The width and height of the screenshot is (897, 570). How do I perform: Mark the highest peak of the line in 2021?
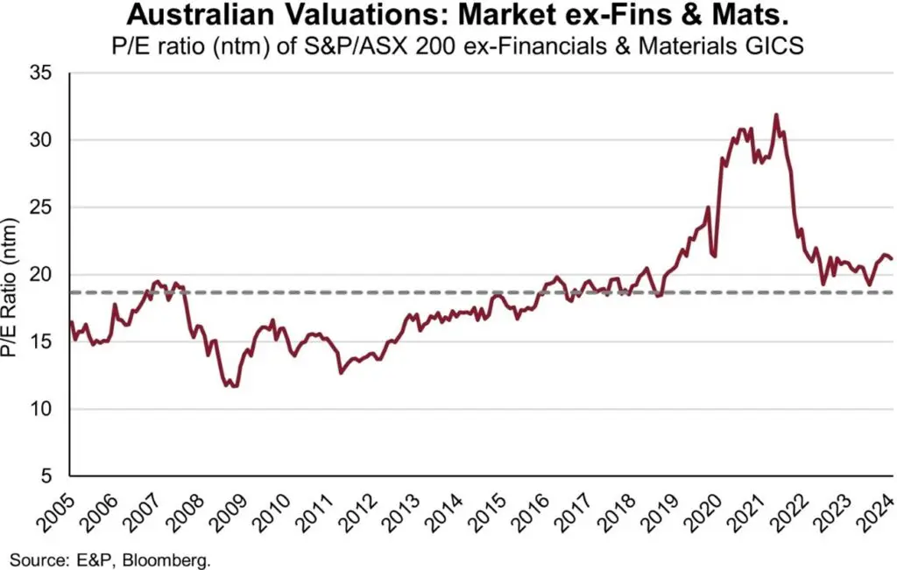click(776, 115)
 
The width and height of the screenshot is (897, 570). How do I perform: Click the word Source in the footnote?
click(32, 558)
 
